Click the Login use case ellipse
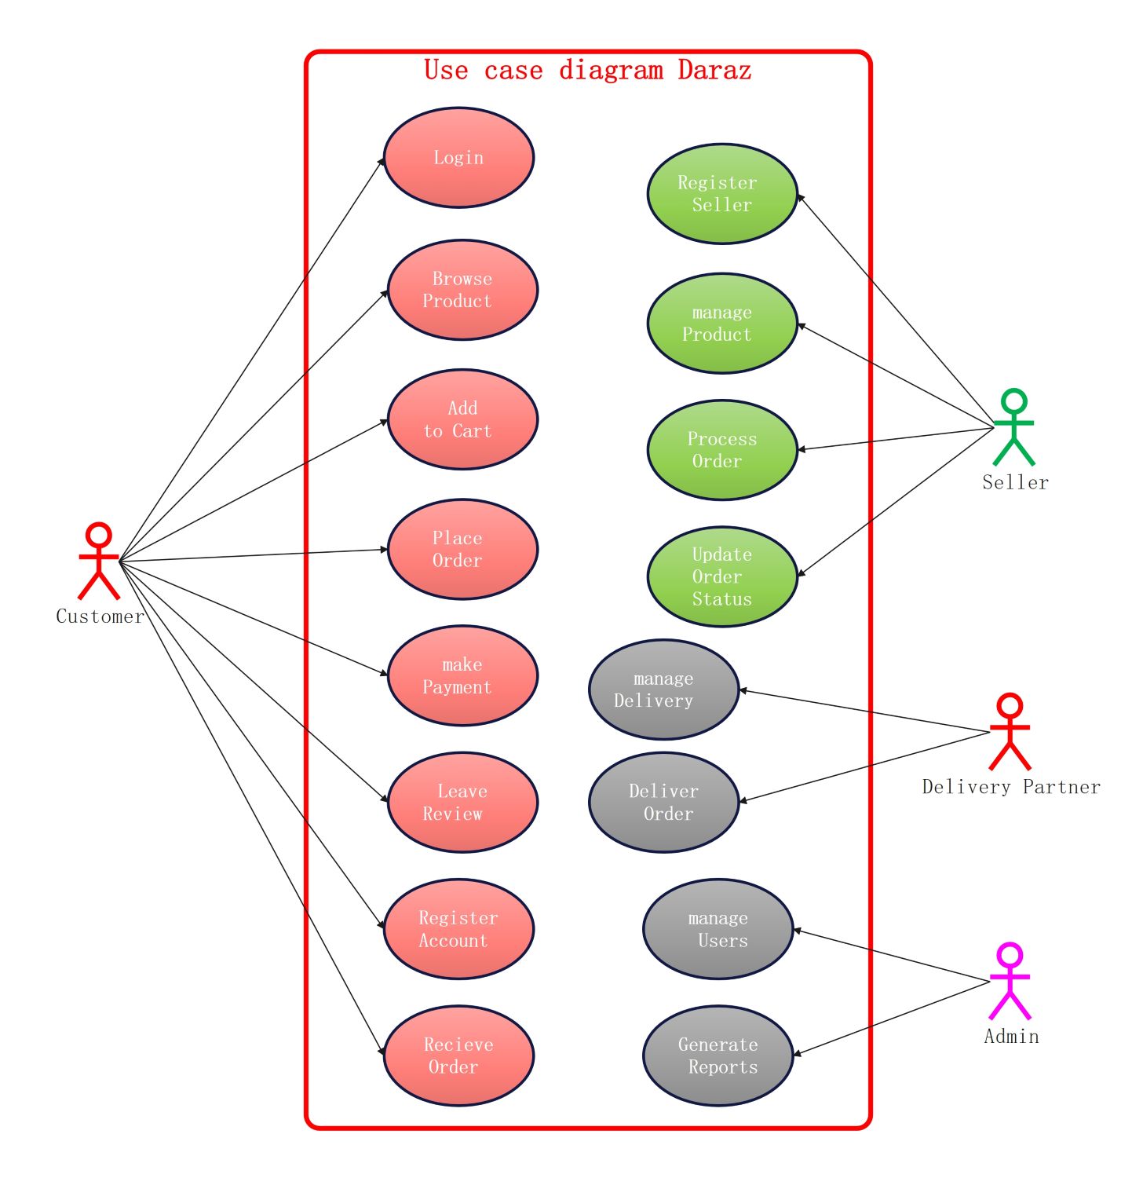click(x=458, y=158)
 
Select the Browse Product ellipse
click(x=462, y=290)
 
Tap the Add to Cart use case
click(x=462, y=419)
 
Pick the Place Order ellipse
click(x=462, y=549)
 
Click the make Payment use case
click(x=462, y=675)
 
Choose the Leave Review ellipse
click(x=462, y=802)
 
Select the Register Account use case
click(x=458, y=929)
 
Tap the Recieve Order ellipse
click(x=458, y=1055)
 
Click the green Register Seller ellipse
click(x=721, y=194)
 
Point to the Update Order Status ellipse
click(x=721, y=576)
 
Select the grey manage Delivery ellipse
click(x=663, y=690)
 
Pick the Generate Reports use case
click(x=718, y=1055)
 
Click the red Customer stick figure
click(x=98, y=561)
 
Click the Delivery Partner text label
click(x=1011, y=787)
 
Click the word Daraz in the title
click(x=714, y=71)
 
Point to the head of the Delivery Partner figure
click(x=1010, y=705)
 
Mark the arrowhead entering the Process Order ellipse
click(x=802, y=450)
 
